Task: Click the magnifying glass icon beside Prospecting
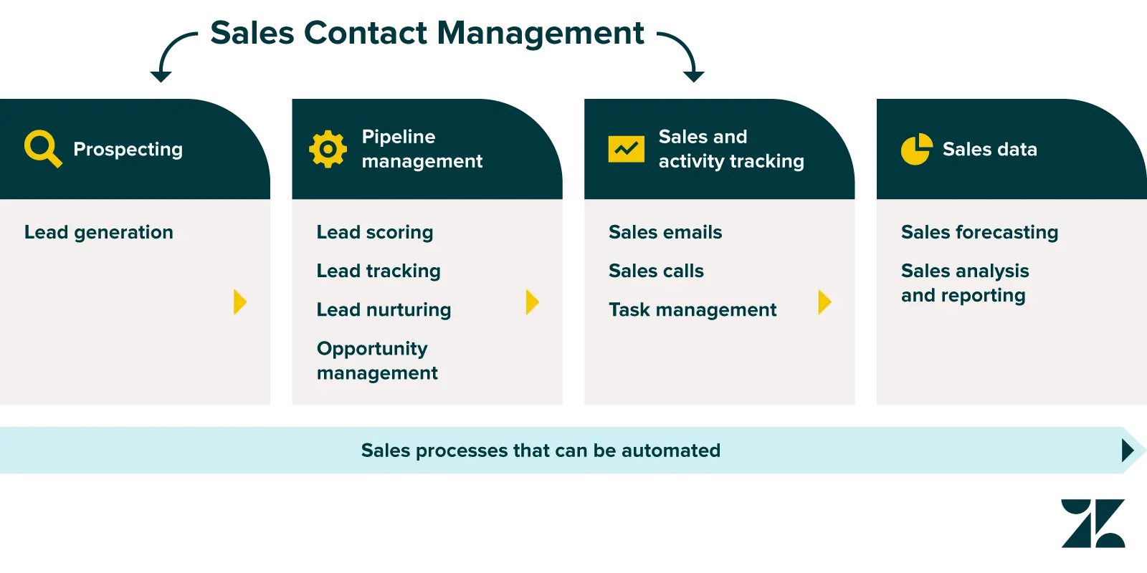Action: [x=42, y=148]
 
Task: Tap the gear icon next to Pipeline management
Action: [x=328, y=149]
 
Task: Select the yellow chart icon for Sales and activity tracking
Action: [x=626, y=149]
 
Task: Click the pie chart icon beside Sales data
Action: [x=916, y=149]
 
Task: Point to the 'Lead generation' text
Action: [x=99, y=232]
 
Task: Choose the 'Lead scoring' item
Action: [x=375, y=232]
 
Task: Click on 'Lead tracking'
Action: [x=379, y=271]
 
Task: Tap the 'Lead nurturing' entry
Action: [x=384, y=309]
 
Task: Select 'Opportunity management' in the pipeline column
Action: [x=377, y=360]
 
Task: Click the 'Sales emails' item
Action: [x=665, y=232]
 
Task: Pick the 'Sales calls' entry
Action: [x=656, y=271]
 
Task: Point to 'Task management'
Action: [x=693, y=309]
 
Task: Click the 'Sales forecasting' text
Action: [x=979, y=232]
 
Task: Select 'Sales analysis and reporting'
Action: [x=965, y=283]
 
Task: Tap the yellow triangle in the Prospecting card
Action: [x=240, y=302]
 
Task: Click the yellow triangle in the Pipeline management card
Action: [x=532, y=302]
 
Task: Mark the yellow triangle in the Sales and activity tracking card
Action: [x=824, y=302]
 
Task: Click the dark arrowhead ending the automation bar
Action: [x=1128, y=450]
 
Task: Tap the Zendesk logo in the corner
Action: [x=1095, y=524]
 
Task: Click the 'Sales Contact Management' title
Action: [x=427, y=33]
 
